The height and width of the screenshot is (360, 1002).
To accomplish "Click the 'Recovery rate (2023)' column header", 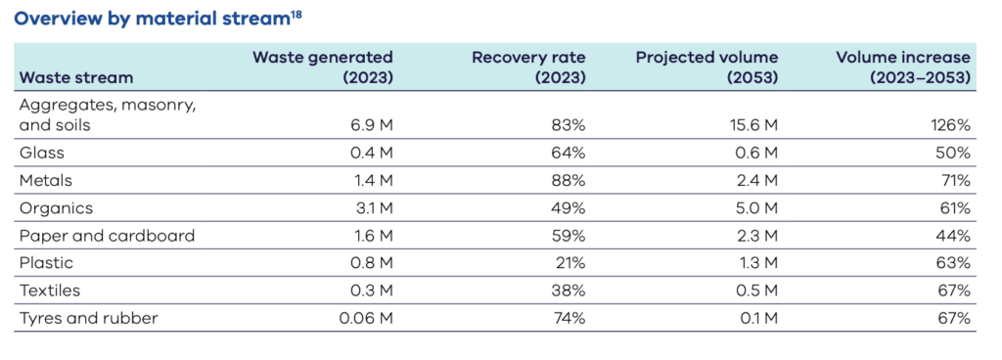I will click(528, 67).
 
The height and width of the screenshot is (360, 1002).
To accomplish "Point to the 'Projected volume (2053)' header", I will click(706, 67).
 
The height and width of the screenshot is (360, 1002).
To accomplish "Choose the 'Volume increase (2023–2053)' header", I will click(902, 67).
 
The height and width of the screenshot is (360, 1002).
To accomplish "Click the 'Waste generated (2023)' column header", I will click(323, 67).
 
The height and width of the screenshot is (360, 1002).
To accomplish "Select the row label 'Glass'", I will click(40, 153).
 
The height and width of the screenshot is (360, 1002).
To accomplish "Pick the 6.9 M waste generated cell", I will click(371, 125).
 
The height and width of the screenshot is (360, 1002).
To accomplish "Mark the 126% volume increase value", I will click(949, 125).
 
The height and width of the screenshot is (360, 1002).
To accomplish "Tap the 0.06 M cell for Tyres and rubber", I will click(366, 319).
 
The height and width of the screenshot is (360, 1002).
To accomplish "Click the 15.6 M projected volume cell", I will click(753, 125).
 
